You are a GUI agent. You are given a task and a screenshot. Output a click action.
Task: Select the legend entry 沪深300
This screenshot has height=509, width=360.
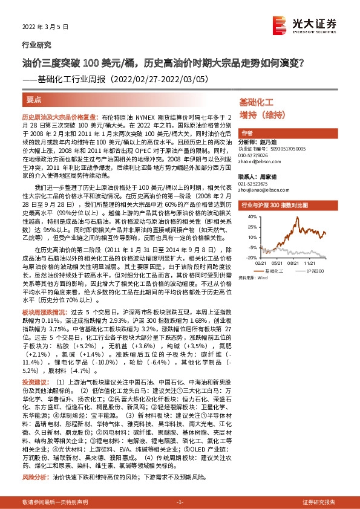click(x=315, y=271)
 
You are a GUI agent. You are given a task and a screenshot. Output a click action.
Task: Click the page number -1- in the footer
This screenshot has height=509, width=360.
click(x=179, y=502)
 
